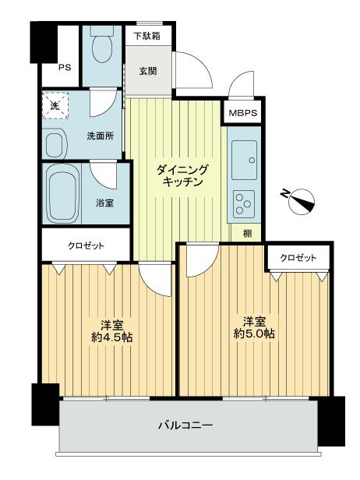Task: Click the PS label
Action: point(64,67)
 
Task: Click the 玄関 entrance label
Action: point(146,71)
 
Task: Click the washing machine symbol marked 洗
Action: point(55,105)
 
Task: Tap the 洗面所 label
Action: point(100,136)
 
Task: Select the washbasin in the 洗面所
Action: point(55,143)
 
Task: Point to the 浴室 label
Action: point(104,203)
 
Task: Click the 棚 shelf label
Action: point(246,232)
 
